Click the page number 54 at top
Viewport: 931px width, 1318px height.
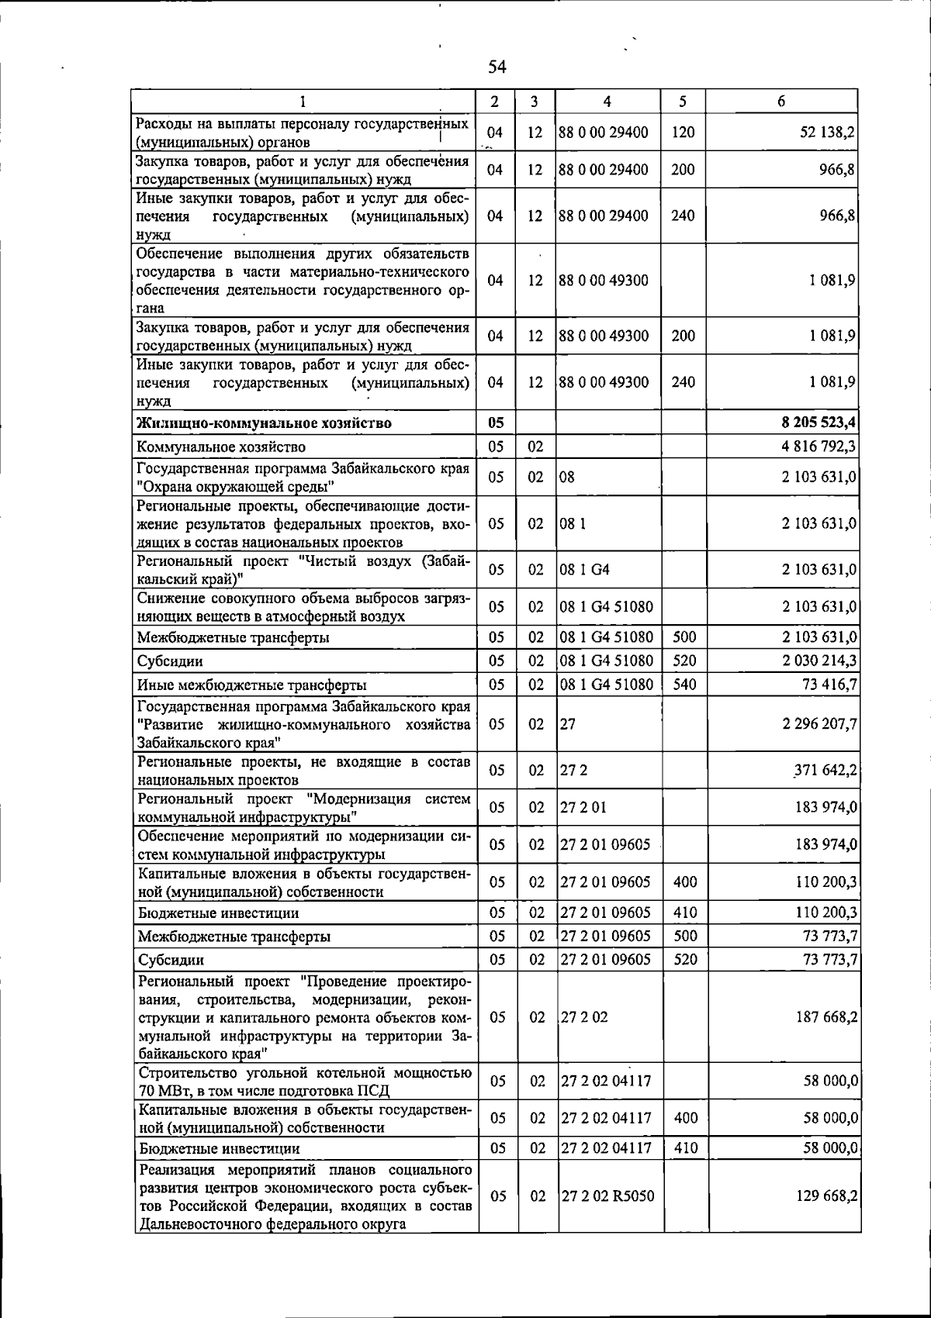click(497, 67)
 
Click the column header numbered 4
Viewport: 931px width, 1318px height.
click(607, 102)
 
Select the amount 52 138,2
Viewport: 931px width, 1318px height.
click(827, 133)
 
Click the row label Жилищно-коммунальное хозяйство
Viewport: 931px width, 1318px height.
click(264, 423)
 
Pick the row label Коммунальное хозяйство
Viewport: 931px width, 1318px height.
click(221, 447)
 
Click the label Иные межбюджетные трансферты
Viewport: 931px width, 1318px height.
click(252, 685)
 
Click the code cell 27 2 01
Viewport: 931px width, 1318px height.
click(583, 808)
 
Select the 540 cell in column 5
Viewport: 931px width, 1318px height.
click(684, 685)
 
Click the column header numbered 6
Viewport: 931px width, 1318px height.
click(781, 102)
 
